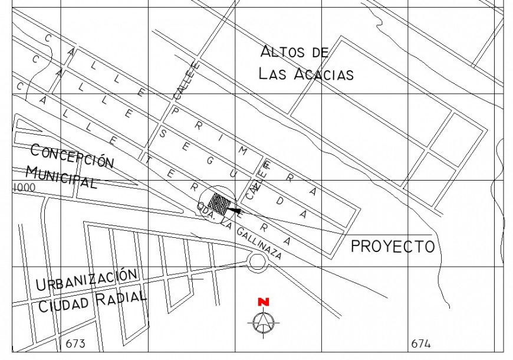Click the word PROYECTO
click(393, 246)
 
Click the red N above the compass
click(263, 302)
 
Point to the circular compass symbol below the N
click(263, 322)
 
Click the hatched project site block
click(220, 202)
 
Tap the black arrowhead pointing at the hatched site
click(235, 210)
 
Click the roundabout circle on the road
click(258, 261)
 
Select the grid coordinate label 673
click(75, 343)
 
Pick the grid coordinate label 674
click(420, 343)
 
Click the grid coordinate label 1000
click(24, 187)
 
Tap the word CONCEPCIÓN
click(72, 156)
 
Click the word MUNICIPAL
click(61, 176)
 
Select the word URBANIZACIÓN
click(87, 280)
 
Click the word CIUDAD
click(64, 305)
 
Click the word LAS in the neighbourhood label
click(272, 74)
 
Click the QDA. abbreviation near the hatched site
click(206, 211)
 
